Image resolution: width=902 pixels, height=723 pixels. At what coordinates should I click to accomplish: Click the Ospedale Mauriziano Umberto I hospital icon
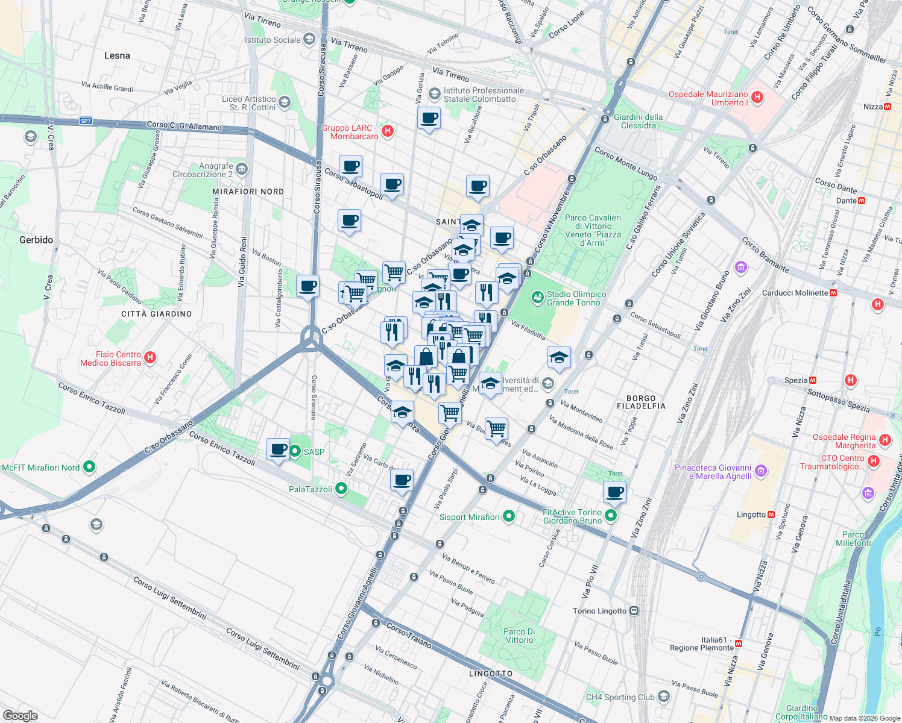click(758, 98)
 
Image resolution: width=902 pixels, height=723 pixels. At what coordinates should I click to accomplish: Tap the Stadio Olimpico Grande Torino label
click(576, 298)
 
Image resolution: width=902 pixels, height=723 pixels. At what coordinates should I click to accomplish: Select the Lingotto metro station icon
click(771, 515)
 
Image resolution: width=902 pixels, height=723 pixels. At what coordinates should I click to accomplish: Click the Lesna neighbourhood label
click(117, 55)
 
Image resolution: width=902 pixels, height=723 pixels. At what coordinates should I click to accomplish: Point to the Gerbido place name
click(36, 240)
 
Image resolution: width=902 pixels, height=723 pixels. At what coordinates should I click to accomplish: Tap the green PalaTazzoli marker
click(341, 489)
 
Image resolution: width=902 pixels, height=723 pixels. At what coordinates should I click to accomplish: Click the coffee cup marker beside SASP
click(279, 449)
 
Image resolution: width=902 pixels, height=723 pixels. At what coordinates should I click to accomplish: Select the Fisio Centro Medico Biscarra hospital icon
click(150, 358)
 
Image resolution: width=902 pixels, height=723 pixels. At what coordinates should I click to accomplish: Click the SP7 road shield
click(86, 121)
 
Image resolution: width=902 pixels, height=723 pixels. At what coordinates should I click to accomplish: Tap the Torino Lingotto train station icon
click(634, 611)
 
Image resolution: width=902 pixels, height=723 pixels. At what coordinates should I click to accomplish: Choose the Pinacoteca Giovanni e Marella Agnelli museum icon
click(761, 471)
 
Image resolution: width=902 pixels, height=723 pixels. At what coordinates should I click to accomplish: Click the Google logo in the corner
click(20, 715)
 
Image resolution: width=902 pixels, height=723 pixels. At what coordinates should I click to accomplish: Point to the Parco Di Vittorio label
click(519, 636)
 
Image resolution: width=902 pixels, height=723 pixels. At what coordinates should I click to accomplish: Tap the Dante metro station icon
click(862, 201)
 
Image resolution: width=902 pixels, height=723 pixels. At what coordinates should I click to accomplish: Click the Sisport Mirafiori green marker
click(509, 516)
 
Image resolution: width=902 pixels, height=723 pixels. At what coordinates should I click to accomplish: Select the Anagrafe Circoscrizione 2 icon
click(242, 169)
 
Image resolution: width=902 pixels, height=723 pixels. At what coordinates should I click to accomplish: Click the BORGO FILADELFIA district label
click(641, 402)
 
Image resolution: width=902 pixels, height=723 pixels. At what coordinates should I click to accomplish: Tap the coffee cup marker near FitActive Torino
click(615, 492)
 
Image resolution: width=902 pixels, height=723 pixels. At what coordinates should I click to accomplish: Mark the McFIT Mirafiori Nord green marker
click(89, 467)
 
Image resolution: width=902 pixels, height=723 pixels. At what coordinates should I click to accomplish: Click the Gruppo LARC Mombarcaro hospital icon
click(388, 131)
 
